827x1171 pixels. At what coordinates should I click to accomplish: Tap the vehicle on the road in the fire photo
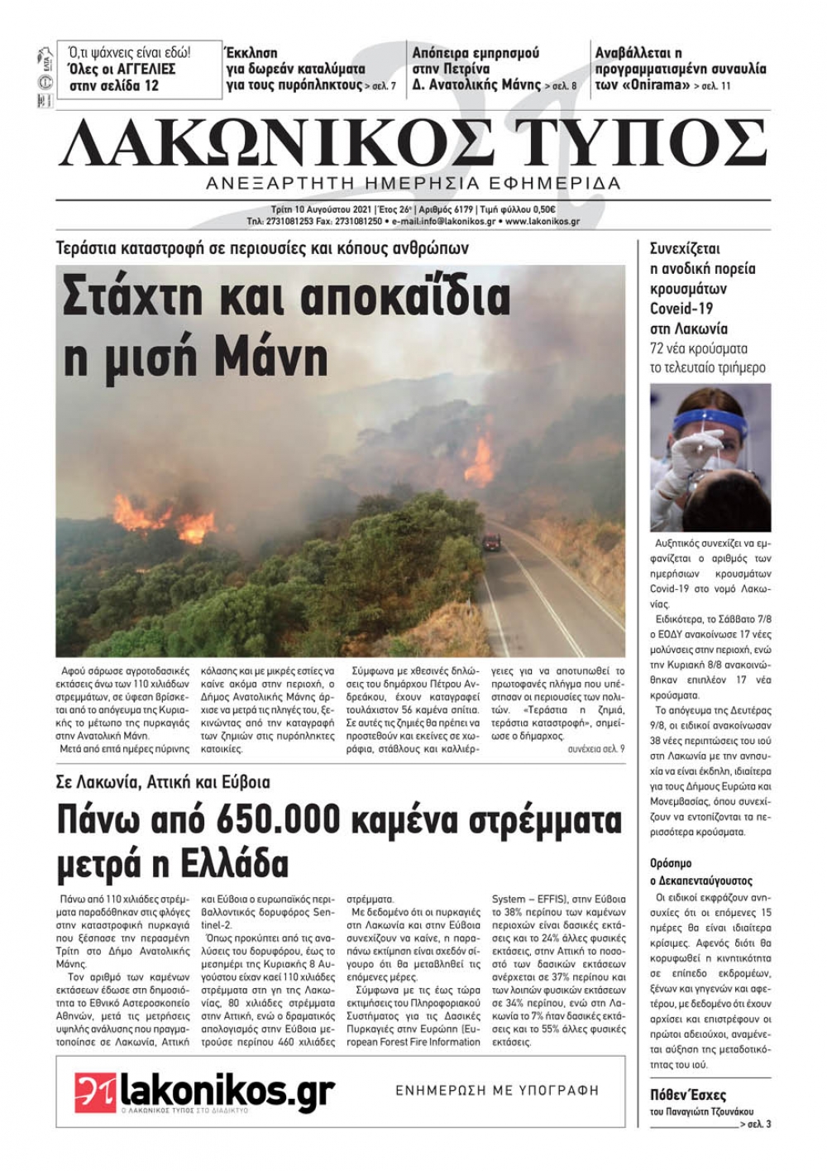point(491,542)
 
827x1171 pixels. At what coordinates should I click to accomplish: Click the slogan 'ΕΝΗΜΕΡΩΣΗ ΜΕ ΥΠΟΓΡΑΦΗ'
point(496,1091)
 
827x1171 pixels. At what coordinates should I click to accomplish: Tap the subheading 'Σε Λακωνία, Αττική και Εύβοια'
point(164,782)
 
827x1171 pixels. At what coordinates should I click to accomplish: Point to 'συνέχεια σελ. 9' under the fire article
point(596,748)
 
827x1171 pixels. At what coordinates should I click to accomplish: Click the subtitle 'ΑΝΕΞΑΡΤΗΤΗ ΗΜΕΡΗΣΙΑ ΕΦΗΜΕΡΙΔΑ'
point(413,183)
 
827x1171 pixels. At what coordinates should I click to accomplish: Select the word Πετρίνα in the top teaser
point(462,69)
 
